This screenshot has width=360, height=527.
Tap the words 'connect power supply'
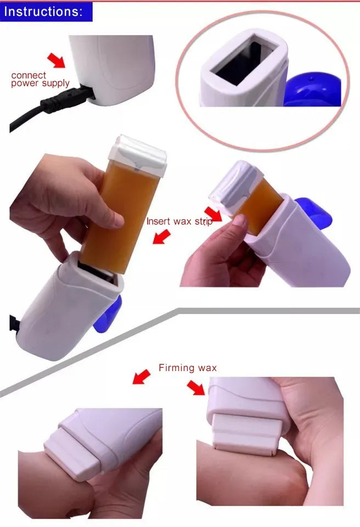40,79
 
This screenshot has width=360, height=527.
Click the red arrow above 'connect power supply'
57,60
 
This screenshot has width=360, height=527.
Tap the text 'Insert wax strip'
179,222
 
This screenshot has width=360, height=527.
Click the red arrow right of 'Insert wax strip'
213,215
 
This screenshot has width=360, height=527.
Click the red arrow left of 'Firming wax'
142,377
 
